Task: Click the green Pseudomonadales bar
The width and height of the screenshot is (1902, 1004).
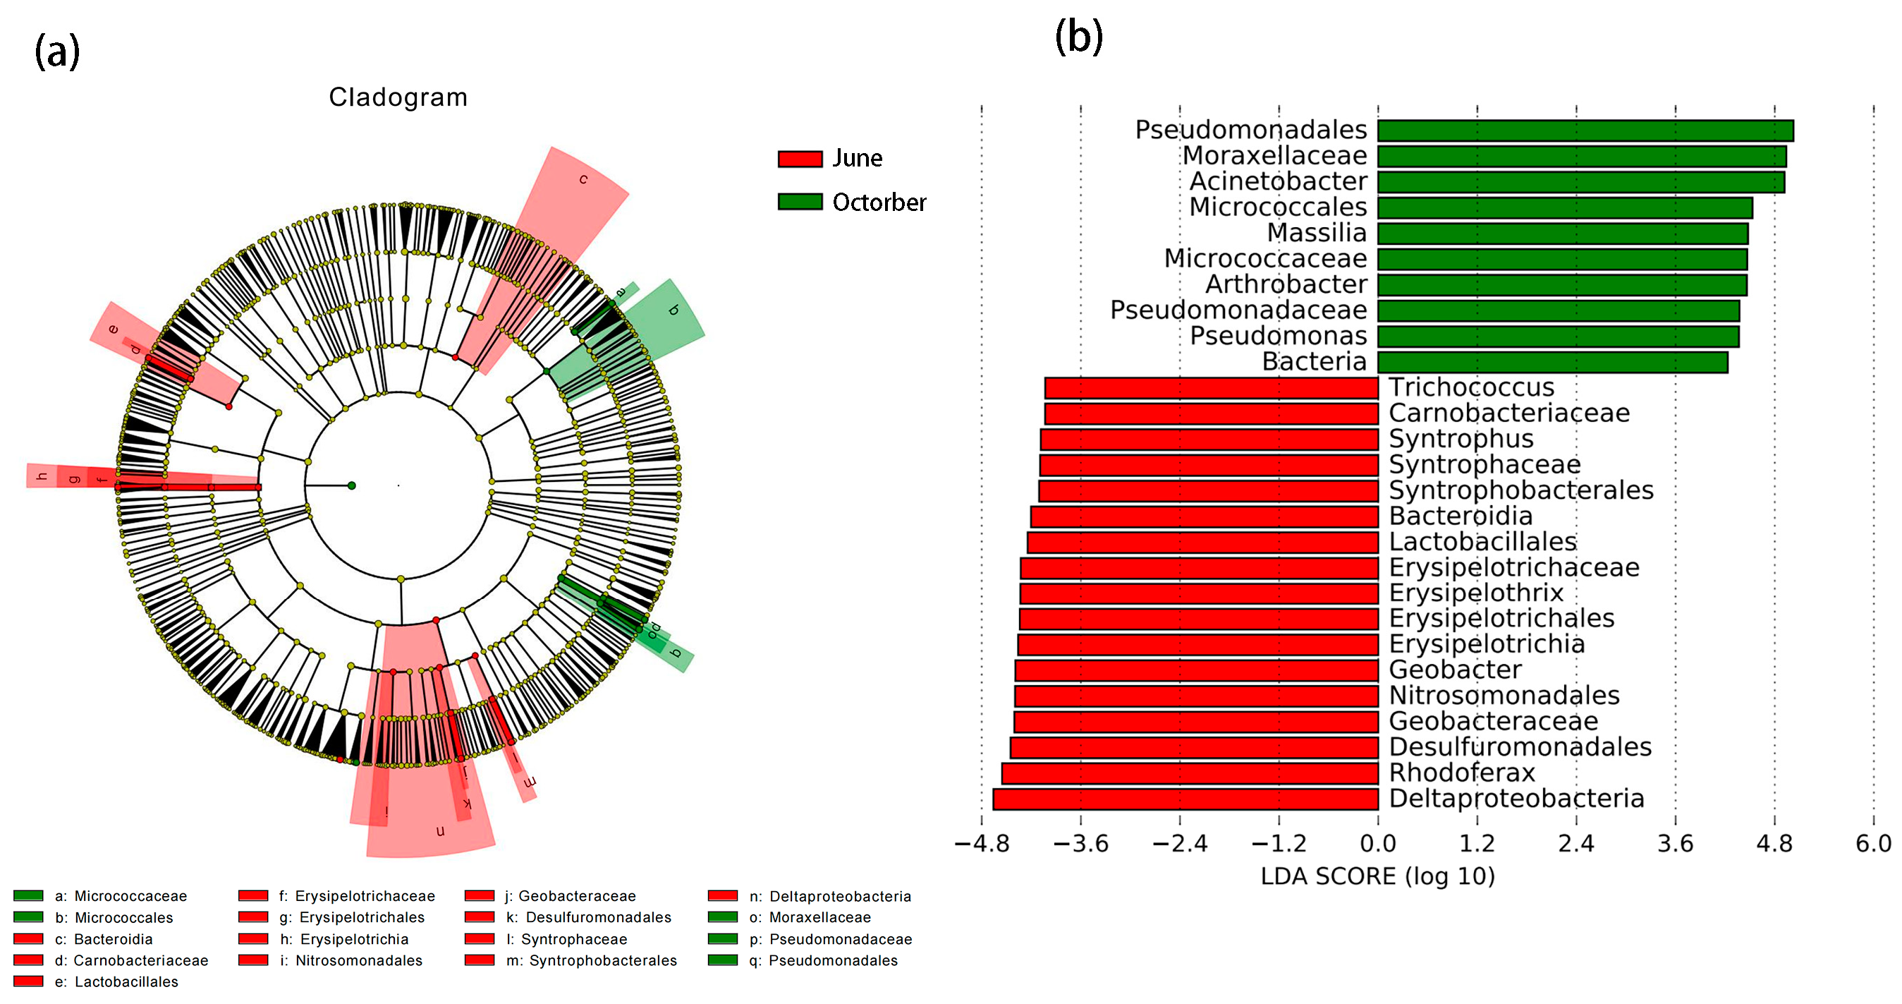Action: coord(1585,131)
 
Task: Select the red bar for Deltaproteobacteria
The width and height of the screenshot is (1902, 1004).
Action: coord(1185,799)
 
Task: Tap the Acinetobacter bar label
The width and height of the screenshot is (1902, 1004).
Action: coord(1278,181)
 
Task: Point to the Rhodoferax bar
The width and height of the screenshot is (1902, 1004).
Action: coord(1190,773)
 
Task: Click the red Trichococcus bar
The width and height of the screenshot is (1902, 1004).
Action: coord(1211,388)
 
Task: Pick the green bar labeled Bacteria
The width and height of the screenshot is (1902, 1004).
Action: coord(1552,362)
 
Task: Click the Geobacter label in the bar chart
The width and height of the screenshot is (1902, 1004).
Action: coord(1456,670)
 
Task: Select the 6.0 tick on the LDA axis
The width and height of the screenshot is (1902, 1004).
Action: coord(1873,844)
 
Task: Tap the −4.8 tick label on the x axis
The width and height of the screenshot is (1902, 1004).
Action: coord(981,844)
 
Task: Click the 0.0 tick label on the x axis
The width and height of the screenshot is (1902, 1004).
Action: coord(1378,844)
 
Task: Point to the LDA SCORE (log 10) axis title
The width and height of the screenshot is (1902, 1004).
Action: coord(1378,877)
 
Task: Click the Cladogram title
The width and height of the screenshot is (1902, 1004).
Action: coord(398,97)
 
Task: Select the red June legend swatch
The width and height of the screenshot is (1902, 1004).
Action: coord(800,159)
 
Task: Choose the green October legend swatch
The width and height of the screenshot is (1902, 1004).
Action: coord(800,202)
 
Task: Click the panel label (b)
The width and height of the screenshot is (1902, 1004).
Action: coord(1079,36)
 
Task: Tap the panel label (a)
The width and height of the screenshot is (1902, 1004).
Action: coord(57,52)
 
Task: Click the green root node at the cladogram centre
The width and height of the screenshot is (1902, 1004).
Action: coord(352,485)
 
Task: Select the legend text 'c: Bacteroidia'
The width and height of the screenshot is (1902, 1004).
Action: coord(104,939)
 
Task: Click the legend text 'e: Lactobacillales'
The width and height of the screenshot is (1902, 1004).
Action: coord(116,982)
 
